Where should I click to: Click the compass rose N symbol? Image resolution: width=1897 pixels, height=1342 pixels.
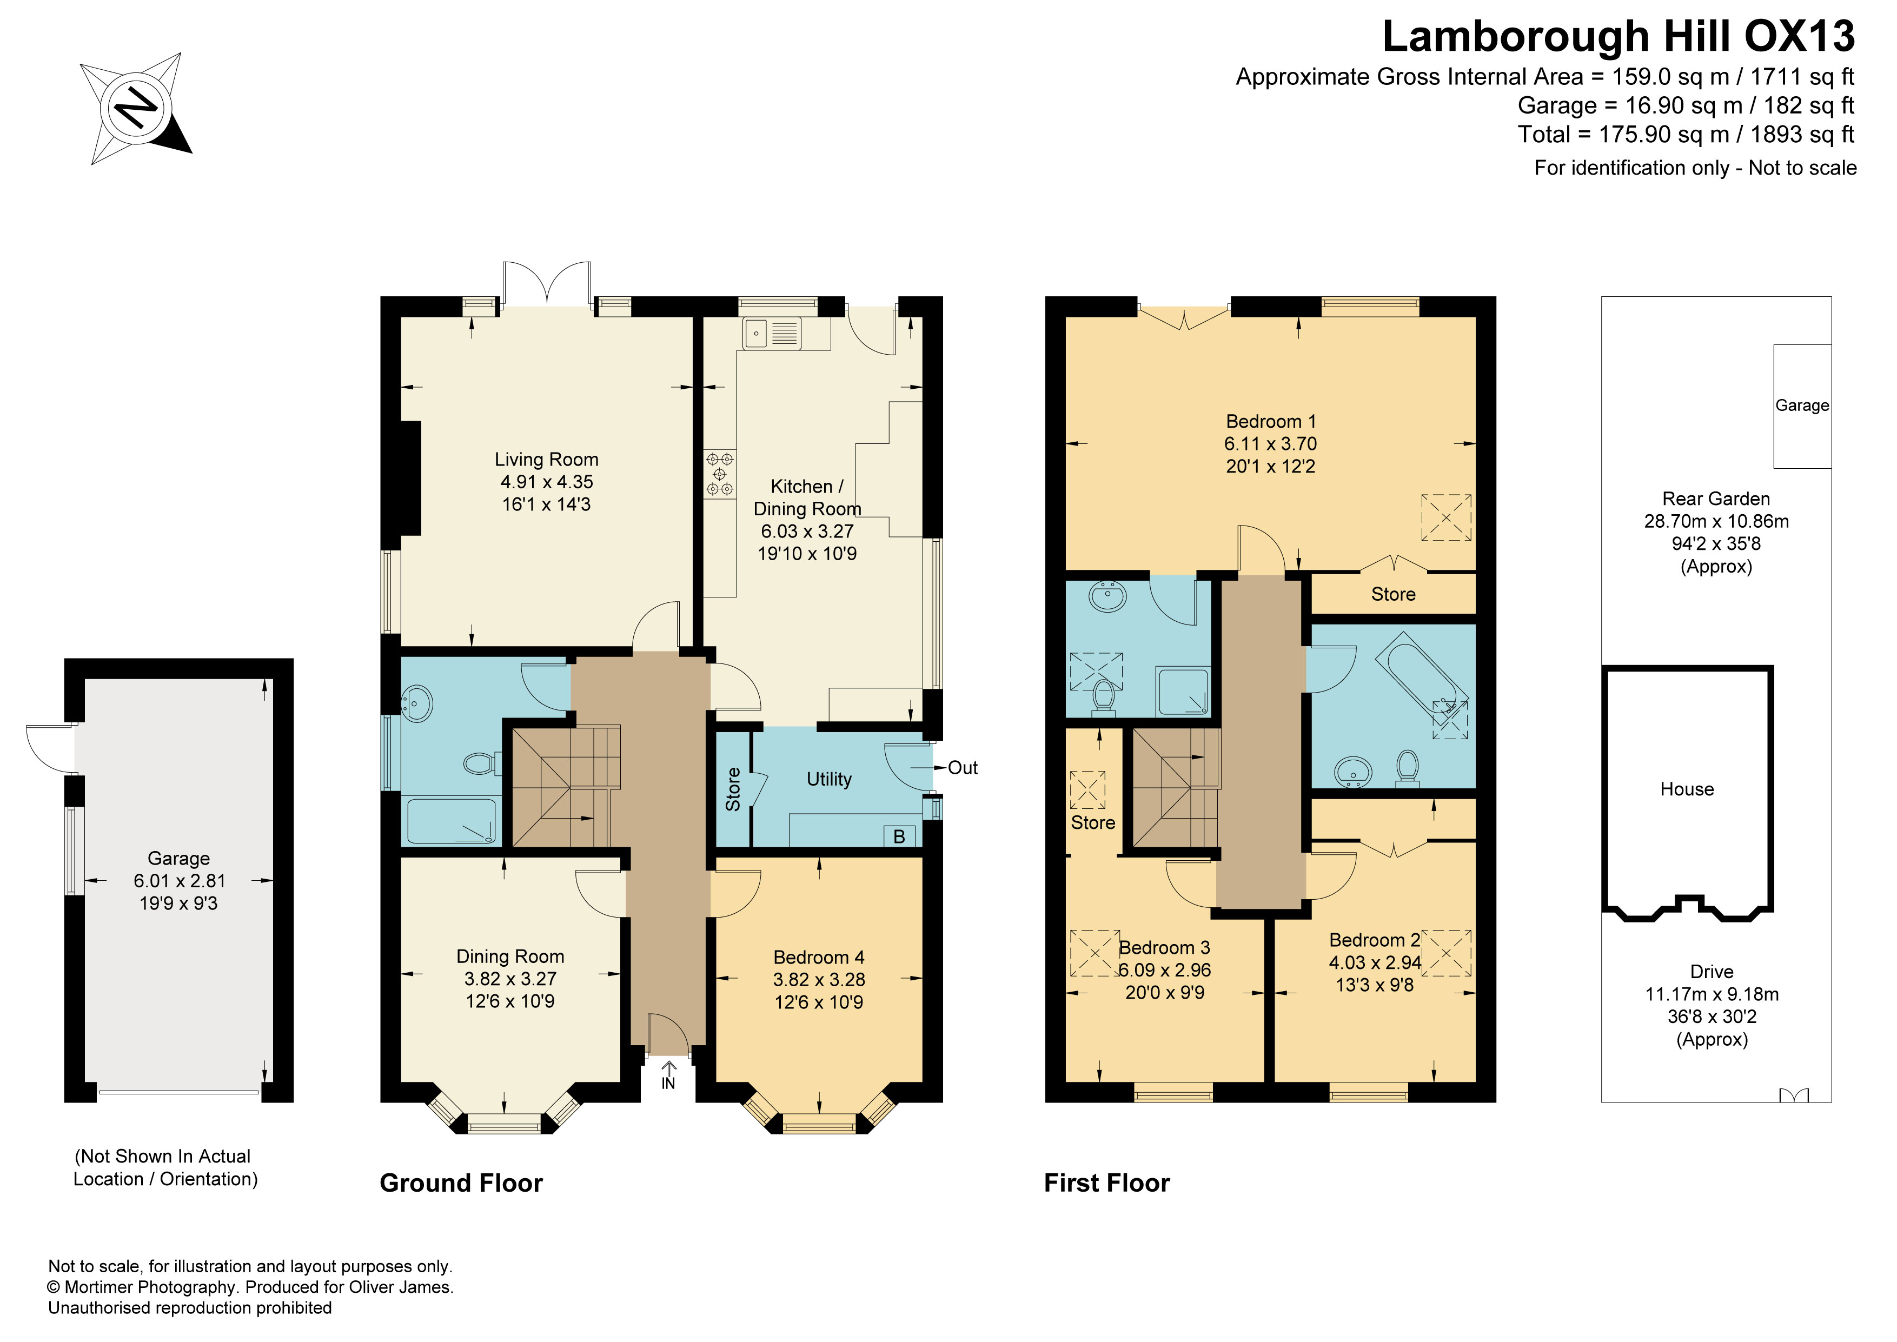(x=136, y=108)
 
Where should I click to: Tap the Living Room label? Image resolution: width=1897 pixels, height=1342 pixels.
(x=546, y=460)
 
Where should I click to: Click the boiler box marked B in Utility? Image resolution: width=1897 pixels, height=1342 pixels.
(x=899, y=836)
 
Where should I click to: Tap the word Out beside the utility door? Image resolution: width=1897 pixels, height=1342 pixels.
(x=963, y=768)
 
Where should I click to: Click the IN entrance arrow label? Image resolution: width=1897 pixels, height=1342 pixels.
(x=668, y=1076)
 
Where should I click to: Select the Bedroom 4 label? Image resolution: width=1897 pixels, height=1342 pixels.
(x=819, y=957)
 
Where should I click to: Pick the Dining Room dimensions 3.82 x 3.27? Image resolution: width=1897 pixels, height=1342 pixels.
(x=510, y=979)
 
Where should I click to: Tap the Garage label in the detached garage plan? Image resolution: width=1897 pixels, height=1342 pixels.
(x=178, y=859)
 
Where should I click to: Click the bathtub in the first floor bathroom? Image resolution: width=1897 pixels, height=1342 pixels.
(x=1421, y=679)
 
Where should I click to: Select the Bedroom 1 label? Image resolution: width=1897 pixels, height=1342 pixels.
(x=1271, y=421)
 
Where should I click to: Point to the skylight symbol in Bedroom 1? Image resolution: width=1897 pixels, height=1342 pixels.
(x=1446, y=517)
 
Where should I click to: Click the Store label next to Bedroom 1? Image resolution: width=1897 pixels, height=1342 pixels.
(x=1393, y=594)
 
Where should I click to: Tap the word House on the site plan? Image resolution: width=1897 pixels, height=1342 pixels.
(x=1687, y=789)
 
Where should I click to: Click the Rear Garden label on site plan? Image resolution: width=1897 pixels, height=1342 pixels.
(x=1716, y=499)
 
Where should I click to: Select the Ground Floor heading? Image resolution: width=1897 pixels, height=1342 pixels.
(x=461, y=1184)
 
